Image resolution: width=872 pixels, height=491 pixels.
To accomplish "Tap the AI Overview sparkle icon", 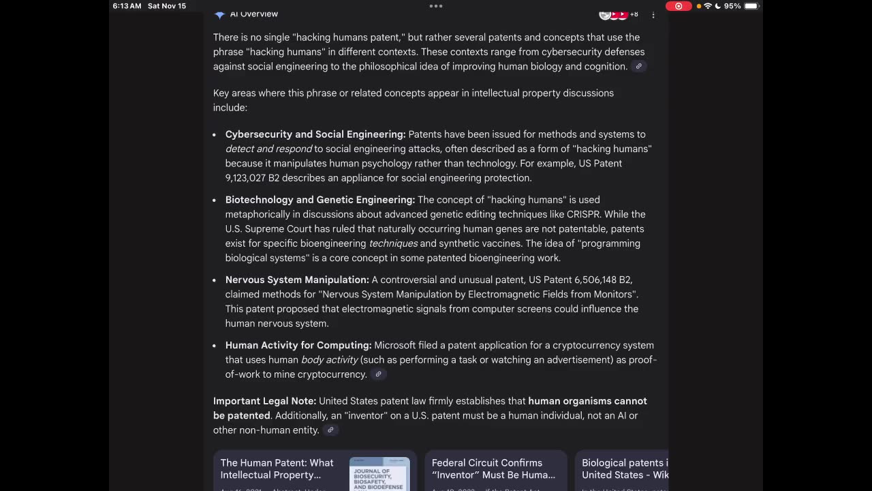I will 219,14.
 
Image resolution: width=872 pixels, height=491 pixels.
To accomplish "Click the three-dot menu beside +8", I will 653,14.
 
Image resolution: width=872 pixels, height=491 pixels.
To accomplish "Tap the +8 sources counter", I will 634,14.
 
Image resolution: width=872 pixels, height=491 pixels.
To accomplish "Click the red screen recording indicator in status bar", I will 678,6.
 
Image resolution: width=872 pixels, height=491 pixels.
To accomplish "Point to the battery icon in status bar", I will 751,6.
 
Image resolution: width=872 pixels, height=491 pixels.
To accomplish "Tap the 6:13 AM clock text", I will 127,6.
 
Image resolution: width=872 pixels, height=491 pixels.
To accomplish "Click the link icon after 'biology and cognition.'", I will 638,66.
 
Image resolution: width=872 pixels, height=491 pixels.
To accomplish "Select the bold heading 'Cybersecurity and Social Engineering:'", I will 315,134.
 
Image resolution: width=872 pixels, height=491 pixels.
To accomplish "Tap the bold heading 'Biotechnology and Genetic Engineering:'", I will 320,200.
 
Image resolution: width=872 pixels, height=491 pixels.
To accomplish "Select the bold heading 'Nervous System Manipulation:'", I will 297,280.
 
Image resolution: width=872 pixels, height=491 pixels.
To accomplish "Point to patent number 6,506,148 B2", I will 604,280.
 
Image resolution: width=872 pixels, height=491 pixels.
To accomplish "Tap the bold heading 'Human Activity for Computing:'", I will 298,345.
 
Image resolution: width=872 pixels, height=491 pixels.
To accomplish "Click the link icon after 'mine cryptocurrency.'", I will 378,374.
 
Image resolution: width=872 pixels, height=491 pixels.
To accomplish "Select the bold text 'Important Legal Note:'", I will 264,401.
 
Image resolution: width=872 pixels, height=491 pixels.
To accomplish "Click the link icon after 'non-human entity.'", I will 330,430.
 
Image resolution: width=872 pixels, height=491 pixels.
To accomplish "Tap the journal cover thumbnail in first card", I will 379,475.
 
